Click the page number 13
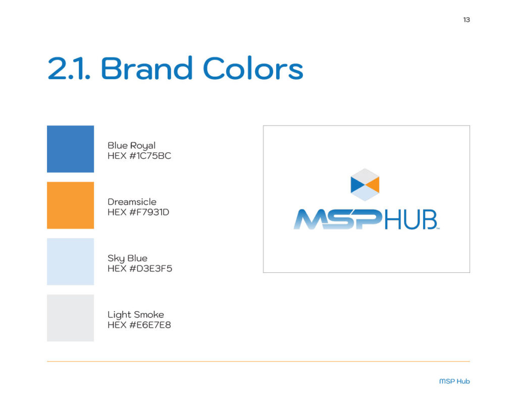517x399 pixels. click(x=466, y=20)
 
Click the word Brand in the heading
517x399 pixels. click(x=146, y=69)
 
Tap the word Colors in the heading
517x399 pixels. click(x=253, y=69)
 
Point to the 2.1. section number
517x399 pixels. click(x=70, y=69)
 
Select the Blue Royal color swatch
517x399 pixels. click(x=70, y=149)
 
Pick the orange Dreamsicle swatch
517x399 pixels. click(x=70, y=205)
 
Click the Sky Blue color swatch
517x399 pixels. click(x=70, y=262)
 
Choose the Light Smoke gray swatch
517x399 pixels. click(x=70, y=318)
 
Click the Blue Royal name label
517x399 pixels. click(x=131, y=146)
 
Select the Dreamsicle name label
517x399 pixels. click(x=132, y=202)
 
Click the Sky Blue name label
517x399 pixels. click(x=127, y=259)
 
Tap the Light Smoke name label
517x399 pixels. click(x=135, y=315)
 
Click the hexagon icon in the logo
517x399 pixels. click(x=365, y=185)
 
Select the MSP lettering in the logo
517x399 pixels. click(x=338, y=219)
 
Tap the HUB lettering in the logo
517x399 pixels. click(x=410, y=219)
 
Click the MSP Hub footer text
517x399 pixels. click(x=454, y=381)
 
